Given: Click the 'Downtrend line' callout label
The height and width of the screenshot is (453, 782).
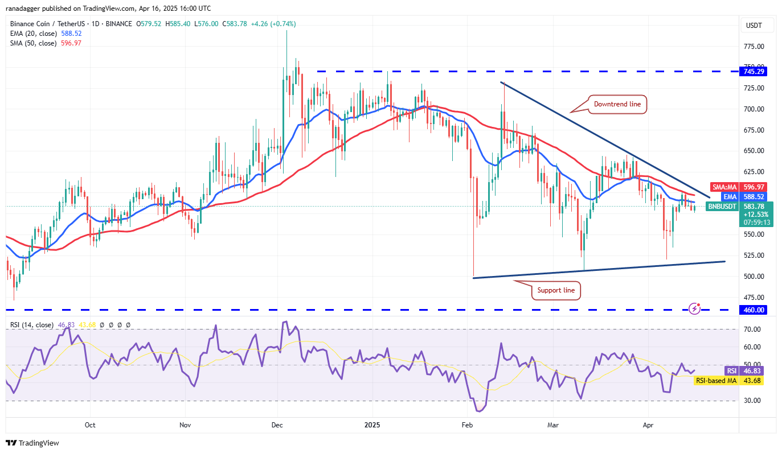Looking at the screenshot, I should click(617, 104).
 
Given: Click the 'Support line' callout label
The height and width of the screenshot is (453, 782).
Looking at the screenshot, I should click(556, 290).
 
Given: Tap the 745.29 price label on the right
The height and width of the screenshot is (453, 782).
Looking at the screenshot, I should click(754, 72).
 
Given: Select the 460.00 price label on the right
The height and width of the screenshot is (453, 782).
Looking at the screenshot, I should click(754, 310).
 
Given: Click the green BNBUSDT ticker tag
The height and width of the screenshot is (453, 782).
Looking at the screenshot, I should click(723, 206).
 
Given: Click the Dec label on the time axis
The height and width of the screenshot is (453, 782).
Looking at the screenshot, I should click(277, 425).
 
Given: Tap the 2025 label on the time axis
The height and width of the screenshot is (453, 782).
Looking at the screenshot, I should click(372, 425).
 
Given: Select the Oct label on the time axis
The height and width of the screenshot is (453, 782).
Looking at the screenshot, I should click(90, 425).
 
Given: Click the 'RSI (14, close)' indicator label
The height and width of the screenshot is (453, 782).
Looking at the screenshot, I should click(32, 325).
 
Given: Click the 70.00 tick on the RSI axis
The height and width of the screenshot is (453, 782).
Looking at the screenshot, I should click(753, 330).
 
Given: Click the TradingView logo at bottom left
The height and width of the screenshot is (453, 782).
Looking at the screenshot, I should click(32, 443).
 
